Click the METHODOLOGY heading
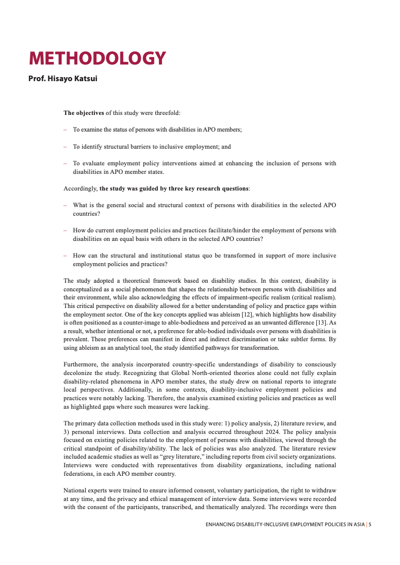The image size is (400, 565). [97, 58]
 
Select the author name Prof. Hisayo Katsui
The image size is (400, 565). [63, 79]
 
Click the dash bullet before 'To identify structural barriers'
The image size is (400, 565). [65, 147]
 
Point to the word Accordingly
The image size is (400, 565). [80, 189]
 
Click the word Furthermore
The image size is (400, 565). [81, 364]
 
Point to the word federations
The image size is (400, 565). [81, 474]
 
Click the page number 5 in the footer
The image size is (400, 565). [370, 525]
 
